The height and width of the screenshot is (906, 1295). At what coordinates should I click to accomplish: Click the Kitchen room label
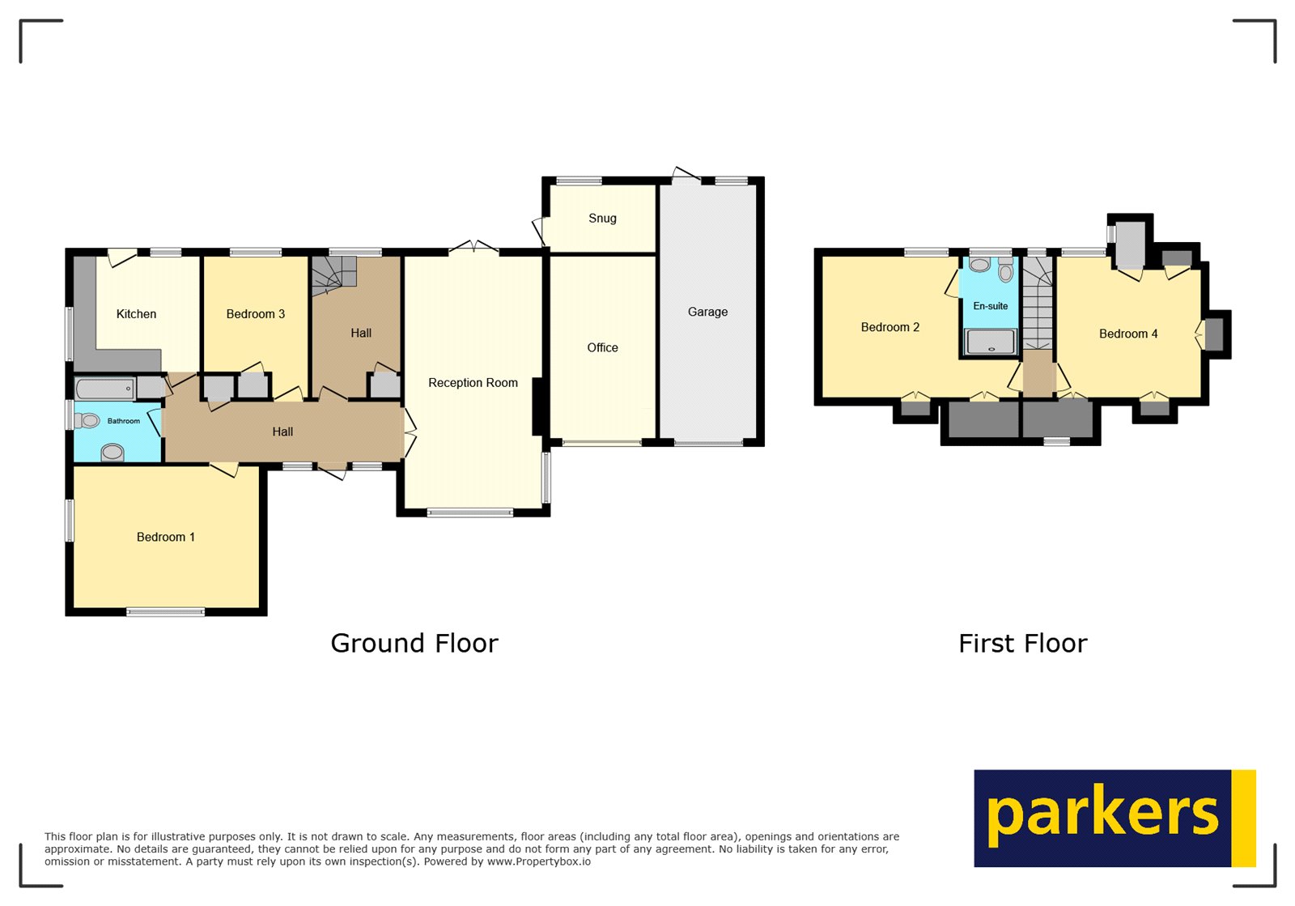pos(136,314)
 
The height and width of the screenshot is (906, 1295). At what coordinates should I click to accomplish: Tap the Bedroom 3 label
pos(255,314)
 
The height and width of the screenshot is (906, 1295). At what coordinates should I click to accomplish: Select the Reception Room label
pos(473,383)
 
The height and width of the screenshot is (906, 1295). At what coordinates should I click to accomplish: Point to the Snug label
pos(602,219)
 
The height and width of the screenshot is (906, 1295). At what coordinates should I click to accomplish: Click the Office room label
pos(602,348)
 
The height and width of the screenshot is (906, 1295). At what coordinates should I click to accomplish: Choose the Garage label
pos(707,313)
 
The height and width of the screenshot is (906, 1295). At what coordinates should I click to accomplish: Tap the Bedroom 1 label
pos(165,538)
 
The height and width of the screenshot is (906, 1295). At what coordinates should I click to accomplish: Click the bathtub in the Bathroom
pos(105,389)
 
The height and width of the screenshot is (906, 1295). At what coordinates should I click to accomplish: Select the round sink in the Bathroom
pos(113,452)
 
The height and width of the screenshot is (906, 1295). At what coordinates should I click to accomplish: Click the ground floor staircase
pos(334,272)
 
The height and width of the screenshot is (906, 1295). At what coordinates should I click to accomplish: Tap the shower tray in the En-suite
pos(990,342)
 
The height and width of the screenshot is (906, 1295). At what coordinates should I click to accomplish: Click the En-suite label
pos(990,306)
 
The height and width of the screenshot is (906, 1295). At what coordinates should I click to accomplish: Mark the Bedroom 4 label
pos(1127,334)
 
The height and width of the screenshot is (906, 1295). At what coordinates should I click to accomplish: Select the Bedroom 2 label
pos(890,328)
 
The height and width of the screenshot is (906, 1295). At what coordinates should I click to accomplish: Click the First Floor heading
pos(1022,644)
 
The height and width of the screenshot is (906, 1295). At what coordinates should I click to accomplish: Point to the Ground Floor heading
pos(414,644)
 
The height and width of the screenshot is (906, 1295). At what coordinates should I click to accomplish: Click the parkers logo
pos(1114,818)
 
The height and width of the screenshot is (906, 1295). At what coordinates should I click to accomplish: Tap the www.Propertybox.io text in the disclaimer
pos(538,862)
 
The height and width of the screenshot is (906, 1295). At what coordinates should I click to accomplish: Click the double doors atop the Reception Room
pos(474,246)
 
